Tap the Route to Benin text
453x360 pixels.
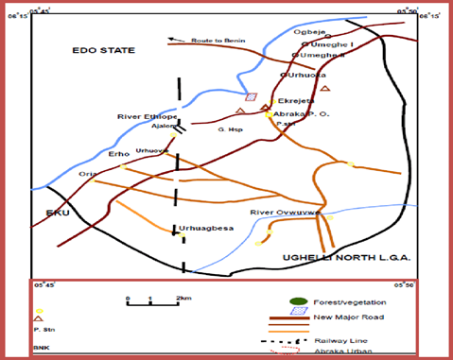(214, 41)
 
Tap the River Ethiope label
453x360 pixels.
(142, 116)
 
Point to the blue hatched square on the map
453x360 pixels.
(251, 96)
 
